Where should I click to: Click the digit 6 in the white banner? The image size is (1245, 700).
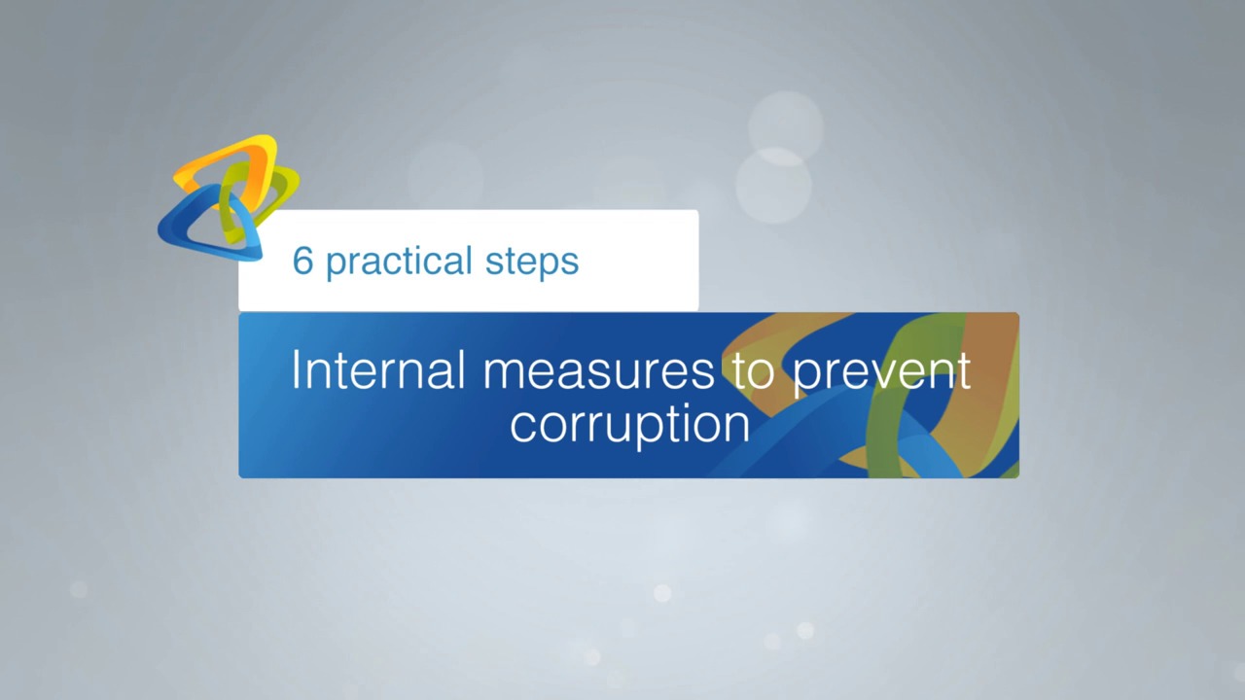coord(302,261)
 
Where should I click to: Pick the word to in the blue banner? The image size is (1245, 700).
coord(753,371)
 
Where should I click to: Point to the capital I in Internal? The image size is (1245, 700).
coord(297,369)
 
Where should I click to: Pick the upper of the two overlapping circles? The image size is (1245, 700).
coord(786,126)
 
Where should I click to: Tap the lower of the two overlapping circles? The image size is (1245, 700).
coord(773,185)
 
